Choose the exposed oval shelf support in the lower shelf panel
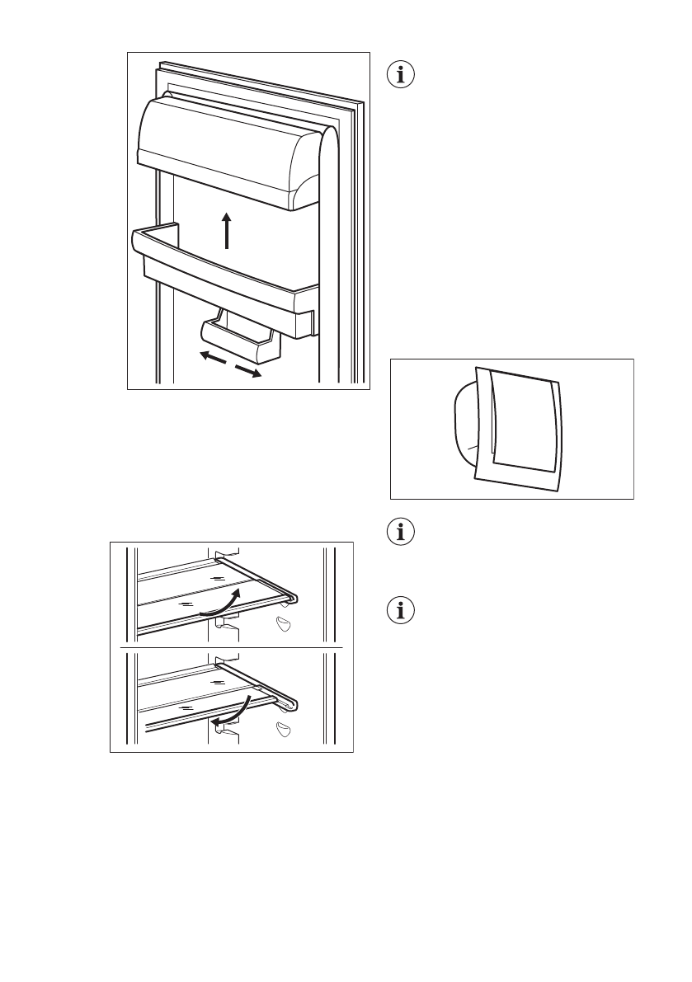[285, 730]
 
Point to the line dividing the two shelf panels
[232, 649]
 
